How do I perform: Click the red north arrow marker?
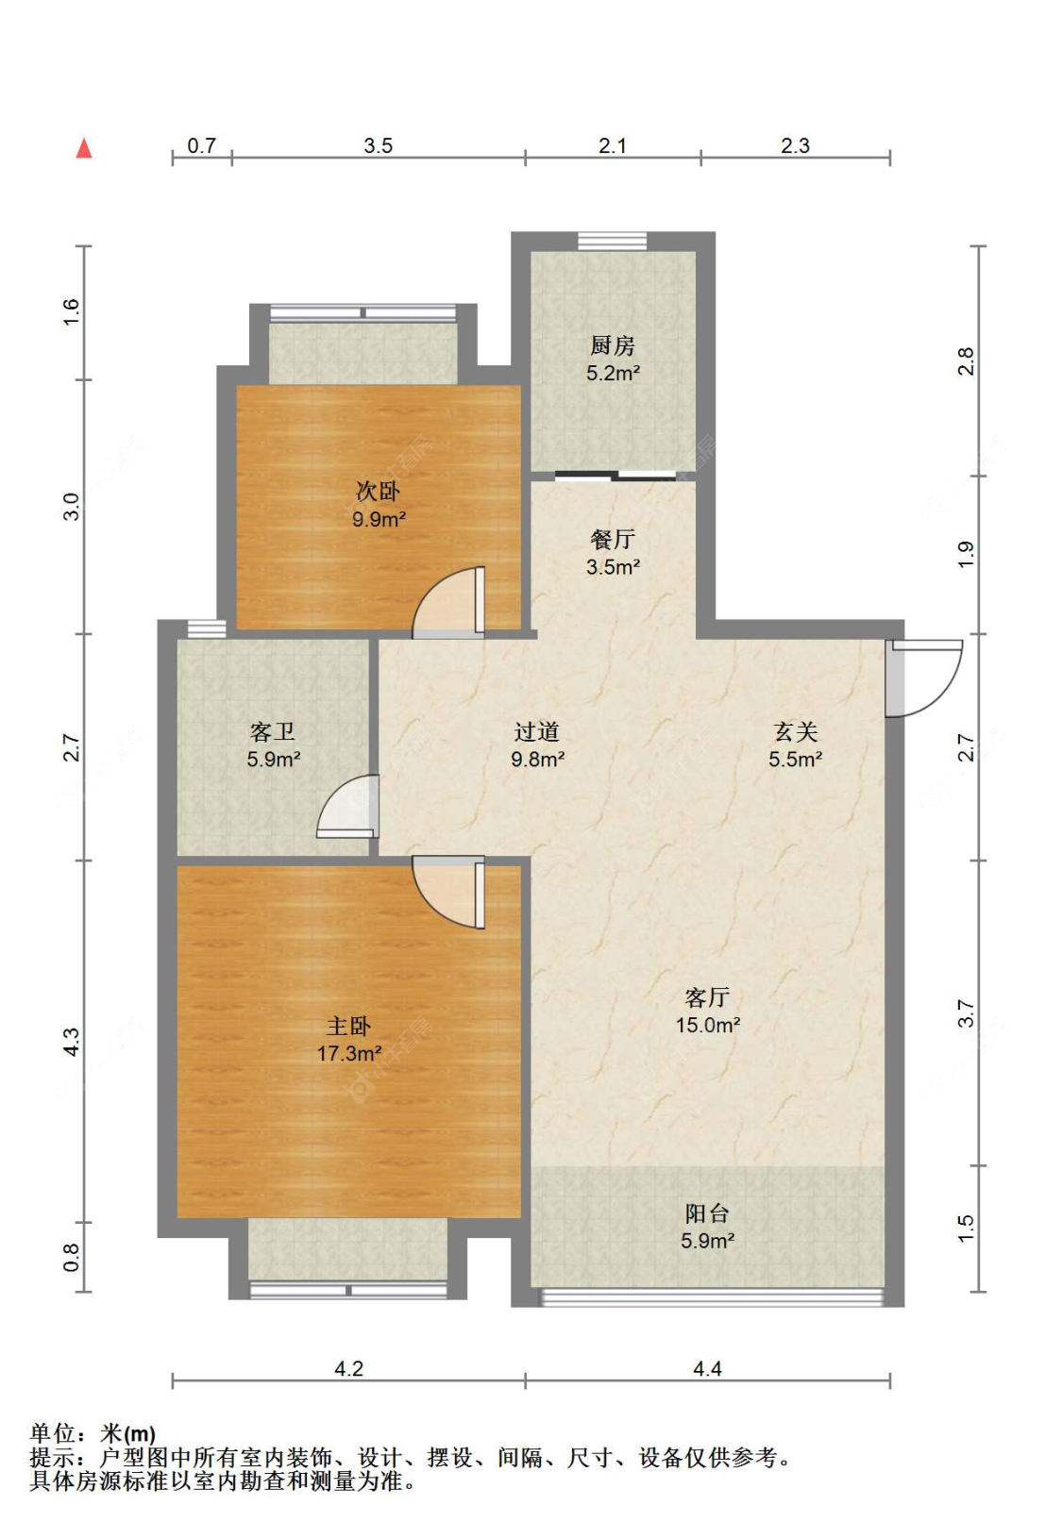point(84,148)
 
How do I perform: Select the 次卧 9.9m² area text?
point(379,504)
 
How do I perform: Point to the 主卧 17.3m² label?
point(348,1039)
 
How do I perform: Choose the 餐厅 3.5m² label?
point(613,553)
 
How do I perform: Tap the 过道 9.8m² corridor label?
point(537,745)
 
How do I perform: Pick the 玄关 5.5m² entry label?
point(795,745)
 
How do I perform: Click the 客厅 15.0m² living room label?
point(707,1011)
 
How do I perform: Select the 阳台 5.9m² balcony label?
point(707,1227)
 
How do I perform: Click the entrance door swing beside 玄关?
point(924,677)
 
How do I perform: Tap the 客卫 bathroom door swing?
point(347,806)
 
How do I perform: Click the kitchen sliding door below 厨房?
point(615,474)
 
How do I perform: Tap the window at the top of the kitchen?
point(612,241)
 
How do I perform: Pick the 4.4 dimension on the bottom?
point(707,1368)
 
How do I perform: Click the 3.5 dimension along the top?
point(378,145)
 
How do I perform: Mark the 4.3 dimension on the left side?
point(72,1042)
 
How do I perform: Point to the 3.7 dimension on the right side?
point(965,1013)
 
